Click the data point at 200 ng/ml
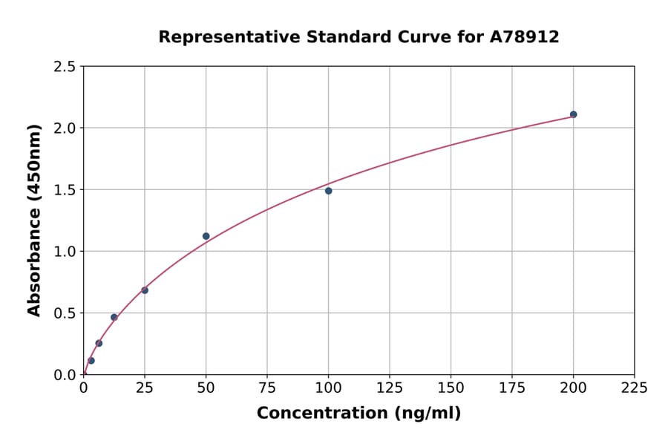pyautogui.click(x=573, y=114)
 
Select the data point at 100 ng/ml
pyautogui.click(x=328, y=191)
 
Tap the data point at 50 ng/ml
pyautogui.click(x=206, y=236)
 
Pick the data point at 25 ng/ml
pyautogui.click(x=145, y=290)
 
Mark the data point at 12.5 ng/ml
pyautogui.click(x=114, y=317)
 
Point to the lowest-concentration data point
pyautogui.click(x=91, y=361)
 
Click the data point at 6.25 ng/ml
pyautogui.click(x=99, y=343)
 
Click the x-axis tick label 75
pyautogui.click(x=267, y=388)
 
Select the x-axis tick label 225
pyautogui.click(x=634, y=388)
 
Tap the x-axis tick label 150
pyautogui.click(x=451, y=388)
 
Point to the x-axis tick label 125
pyautogui.click(x=390, y=388)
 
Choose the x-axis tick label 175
pyautogui.click(x=512, y=388)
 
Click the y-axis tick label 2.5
pyautogui.click(x=65, y=67)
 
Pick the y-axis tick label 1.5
pyautogui.click(x=65, y=190)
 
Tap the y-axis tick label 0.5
pyautogui.click(x=65, y=313)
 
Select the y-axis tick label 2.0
pyautogui.click(x=65, y=128)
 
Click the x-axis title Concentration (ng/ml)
pyautogui.click(x=358, y=414)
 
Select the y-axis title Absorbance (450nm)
pyautogui.click(x=34, y=220)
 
